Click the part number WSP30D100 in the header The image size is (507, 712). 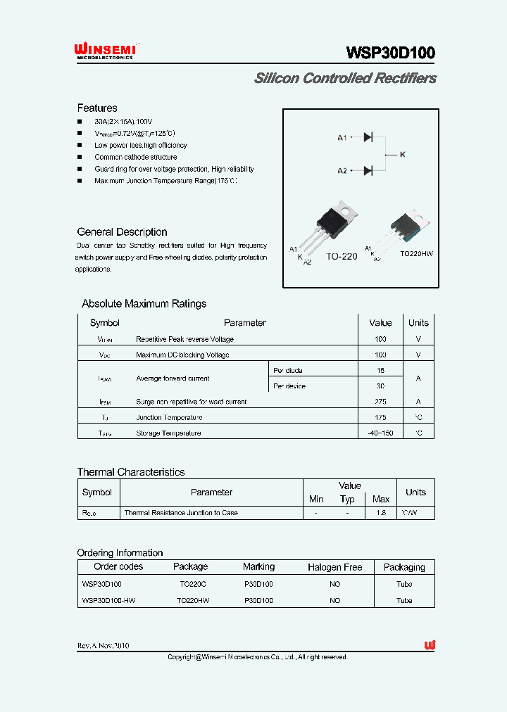point(390,53)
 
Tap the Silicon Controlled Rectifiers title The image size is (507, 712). point(345,78)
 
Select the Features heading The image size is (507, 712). point(97,108)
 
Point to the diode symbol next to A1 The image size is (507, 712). point(368,137)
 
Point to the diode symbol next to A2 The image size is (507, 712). point(368,170)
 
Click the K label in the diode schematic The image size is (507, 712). point(403,154)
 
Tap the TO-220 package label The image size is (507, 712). point(342,257)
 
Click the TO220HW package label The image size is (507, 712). point(416,253)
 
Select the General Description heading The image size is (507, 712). point(122,232)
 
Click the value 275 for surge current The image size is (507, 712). point(380,402)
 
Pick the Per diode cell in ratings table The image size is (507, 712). point(288,370)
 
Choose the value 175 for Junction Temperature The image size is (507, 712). point(380,417)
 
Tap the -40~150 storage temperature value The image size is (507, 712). point(380,433)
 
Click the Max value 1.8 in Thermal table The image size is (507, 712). point(381,513)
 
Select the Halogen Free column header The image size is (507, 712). point(334,567)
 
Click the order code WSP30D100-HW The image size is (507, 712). point(108,601)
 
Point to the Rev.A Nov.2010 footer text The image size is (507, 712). point(103,646)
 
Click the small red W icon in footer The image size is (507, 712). point(430,645)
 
